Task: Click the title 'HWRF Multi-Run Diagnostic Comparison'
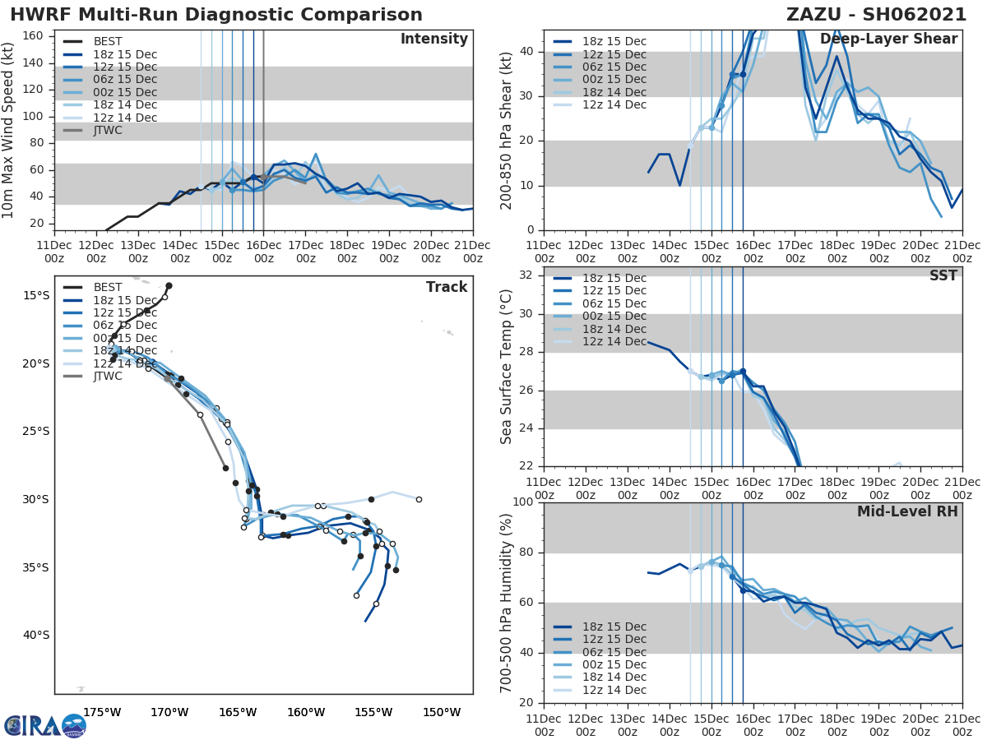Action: [216, 15]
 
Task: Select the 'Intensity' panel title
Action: [433, 39]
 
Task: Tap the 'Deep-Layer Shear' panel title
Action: [888, 39]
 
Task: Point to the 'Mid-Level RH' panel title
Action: [907, 511]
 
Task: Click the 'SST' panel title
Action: [944, 275]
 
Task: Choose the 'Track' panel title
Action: [447, 287]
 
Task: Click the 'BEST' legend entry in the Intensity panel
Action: [108, 42]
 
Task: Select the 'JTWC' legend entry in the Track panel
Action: [108, 376]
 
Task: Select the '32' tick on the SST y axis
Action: [524, 275]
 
